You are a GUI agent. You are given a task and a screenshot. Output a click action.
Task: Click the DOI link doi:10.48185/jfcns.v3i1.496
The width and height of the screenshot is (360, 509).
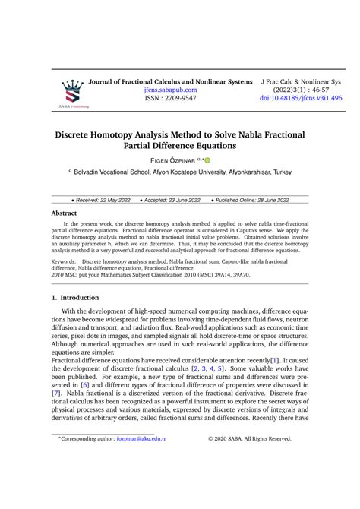301,99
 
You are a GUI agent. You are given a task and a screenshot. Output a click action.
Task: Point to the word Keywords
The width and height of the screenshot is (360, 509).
66,261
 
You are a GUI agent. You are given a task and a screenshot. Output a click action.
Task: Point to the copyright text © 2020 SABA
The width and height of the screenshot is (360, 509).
260,482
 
